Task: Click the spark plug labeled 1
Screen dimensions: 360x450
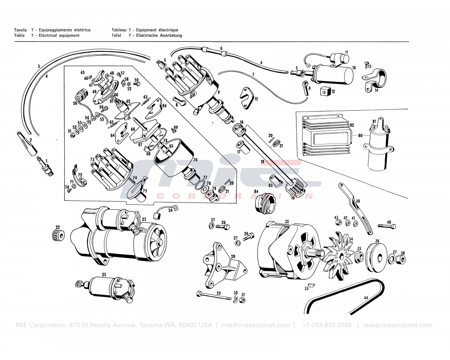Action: point(46,167)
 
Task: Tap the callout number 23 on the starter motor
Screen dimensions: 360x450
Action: point(144,220)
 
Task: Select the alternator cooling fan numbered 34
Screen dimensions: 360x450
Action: point(341,255)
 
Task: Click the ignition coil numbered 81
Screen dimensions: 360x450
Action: point(377,146)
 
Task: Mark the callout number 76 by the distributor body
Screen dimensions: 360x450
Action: point(195,159)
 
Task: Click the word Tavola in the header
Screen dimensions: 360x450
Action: point(21,30)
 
